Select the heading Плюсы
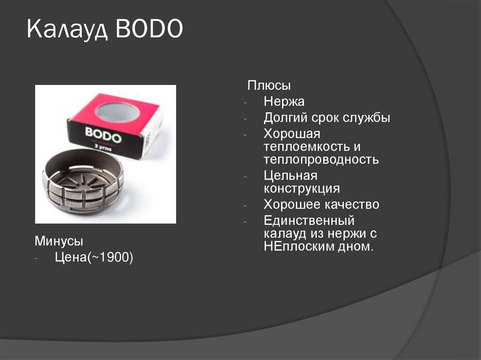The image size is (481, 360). (269, 86)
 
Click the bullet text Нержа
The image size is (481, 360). (284, 101)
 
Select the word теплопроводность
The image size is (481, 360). (321, 159)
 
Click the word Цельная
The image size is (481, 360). (291, 176)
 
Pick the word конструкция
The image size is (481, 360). (302, 189)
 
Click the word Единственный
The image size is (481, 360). (309, 220)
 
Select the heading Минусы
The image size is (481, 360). (59, 242)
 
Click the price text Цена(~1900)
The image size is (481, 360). (94, 257)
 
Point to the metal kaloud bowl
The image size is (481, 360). (83, 181)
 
